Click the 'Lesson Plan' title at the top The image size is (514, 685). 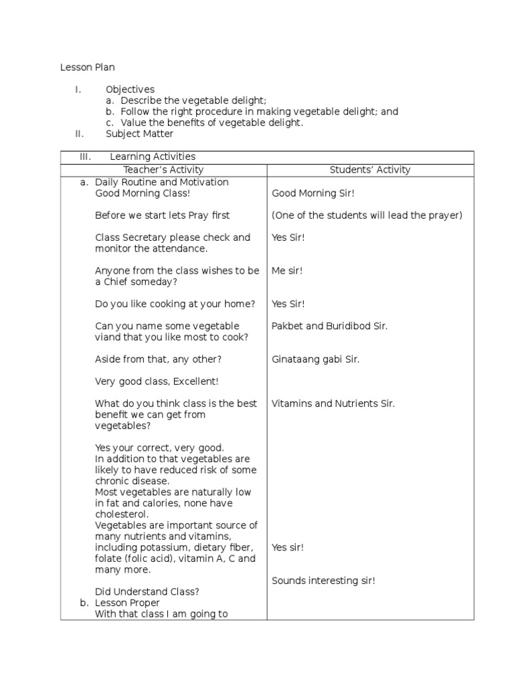[x=88, y=67]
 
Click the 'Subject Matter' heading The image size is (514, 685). [x=140, y=133]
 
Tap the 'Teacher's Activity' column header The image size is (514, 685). [x=163, y=170]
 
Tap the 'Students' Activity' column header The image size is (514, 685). [x=370, y=170]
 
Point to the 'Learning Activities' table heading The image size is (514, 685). [x=153, y=157]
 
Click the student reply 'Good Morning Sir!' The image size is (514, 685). [x=313, y=193]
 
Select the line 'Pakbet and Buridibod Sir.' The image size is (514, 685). [x=329, y=326]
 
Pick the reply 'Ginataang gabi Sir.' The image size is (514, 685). [x=315, y=359]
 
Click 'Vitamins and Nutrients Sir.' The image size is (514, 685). [x=333, y=403]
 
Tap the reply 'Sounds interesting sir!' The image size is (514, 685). [x=323, y=581]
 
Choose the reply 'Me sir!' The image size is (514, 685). [x=287, y=271]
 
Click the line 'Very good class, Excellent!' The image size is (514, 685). [x=157, y=381]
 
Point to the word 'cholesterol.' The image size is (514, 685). [x=122, y=514]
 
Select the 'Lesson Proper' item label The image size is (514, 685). [x=127, y=603]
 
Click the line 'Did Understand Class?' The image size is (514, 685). [x=147, y=592]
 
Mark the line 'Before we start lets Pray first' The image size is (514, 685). [x=162, y=215]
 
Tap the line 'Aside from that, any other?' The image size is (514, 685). [x=158, y=359]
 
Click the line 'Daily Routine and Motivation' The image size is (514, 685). [x=161, y=182]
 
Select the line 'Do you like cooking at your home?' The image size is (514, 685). [x=175, y=304]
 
